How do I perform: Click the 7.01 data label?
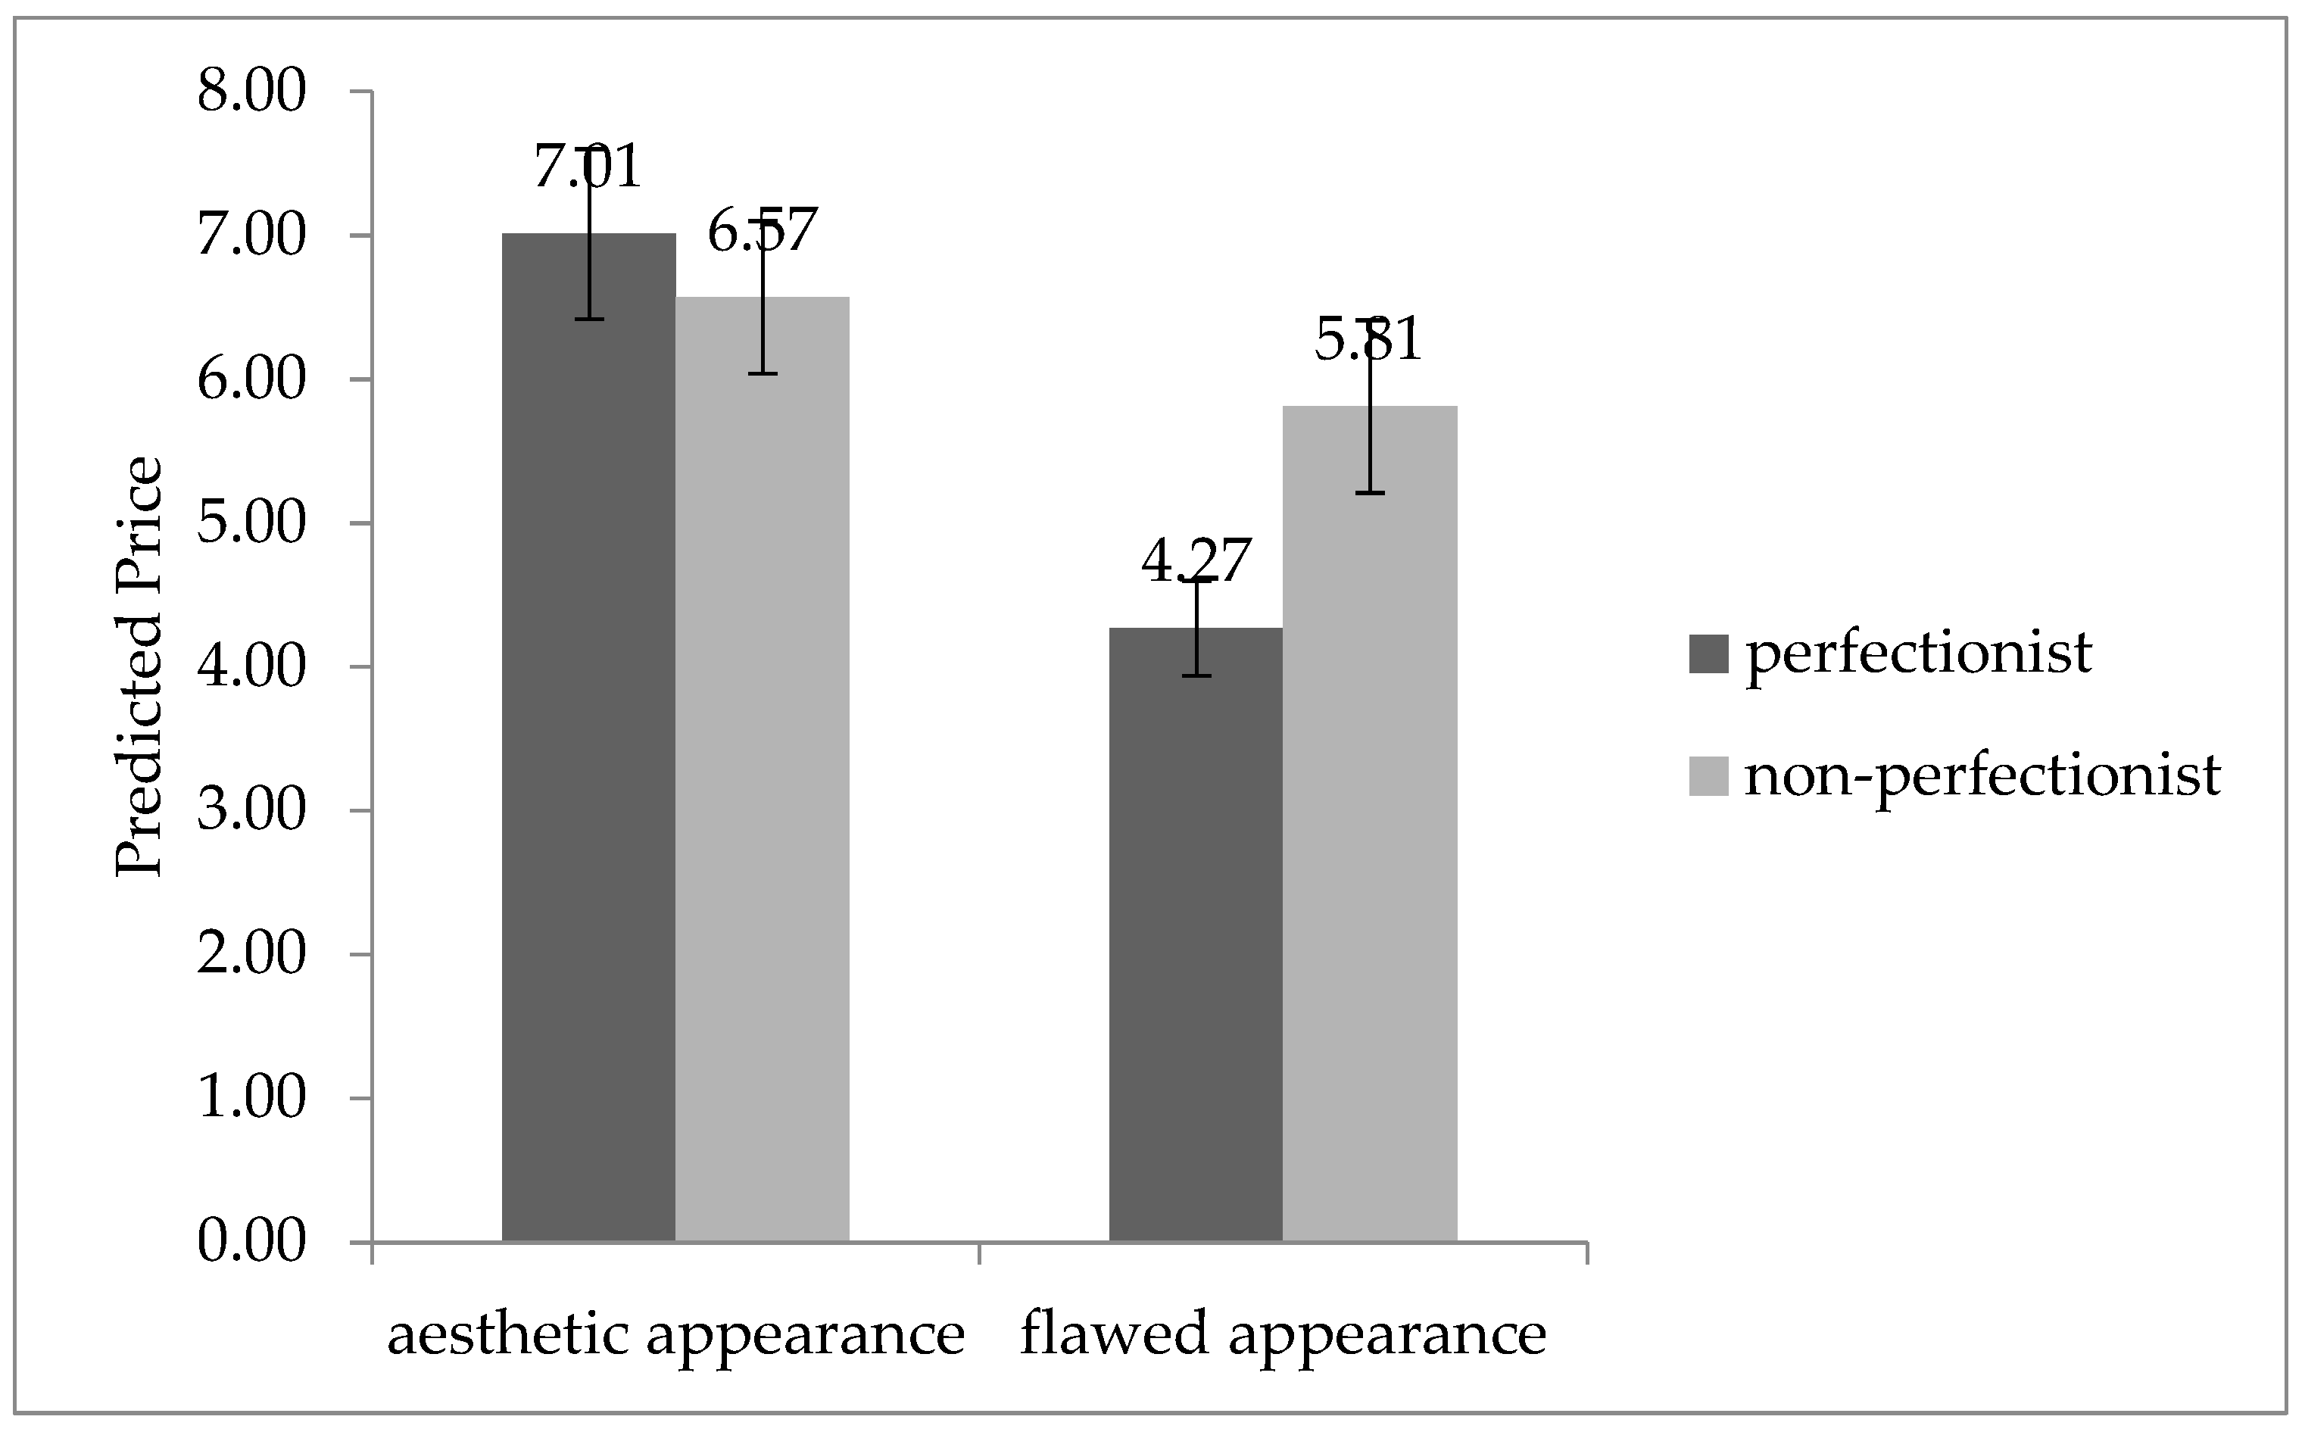(588, 167)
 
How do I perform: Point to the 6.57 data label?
(763, 230)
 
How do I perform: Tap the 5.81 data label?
(1369, 340)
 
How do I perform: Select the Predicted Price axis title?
(139, 668)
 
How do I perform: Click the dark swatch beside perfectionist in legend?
(1708, 654)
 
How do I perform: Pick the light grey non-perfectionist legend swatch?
(1708, 775)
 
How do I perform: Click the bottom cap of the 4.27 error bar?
(1197, 675)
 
